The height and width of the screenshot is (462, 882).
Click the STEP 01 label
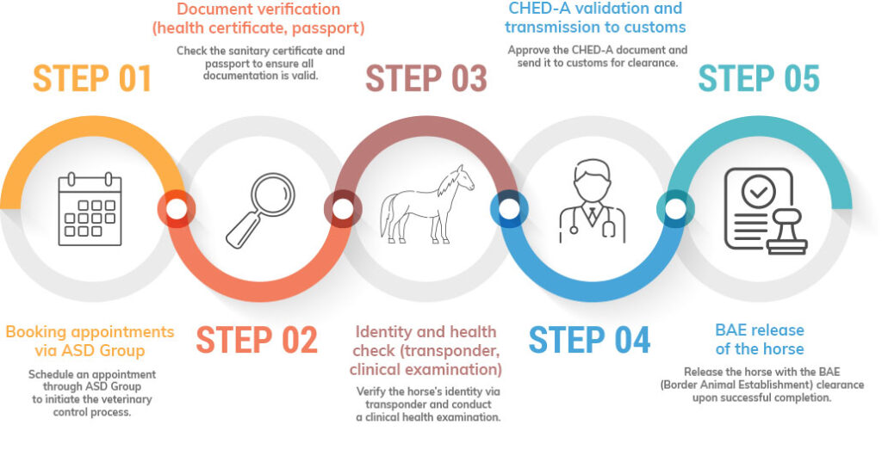coord(92,78)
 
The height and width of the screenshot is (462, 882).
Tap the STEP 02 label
coord(257,340)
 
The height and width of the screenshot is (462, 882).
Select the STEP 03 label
coord(425,78)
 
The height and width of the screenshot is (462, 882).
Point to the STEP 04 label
coord(589,340)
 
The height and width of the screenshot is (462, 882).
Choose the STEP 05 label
coord(759,78)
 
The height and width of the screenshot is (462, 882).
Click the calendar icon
coord(90,209)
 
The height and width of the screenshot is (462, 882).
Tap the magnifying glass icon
coord(260,210)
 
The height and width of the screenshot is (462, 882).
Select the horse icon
coord(427,204)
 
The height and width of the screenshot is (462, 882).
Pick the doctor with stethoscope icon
coord(593,202)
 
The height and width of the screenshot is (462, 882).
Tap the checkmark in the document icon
coord(759,193)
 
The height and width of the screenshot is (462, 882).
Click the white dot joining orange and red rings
coord(176,209)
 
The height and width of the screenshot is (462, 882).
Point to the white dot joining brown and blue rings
coord(509,209)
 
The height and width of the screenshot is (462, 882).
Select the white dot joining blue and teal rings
coord(675,209)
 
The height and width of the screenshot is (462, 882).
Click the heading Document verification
coord(258,9)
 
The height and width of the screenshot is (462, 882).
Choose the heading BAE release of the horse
coord(760,340)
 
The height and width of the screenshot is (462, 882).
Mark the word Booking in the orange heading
coord(35,332)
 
